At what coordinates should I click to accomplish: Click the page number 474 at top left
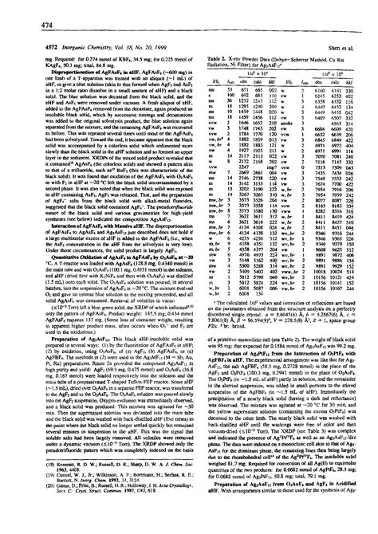[x=14, y=7]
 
